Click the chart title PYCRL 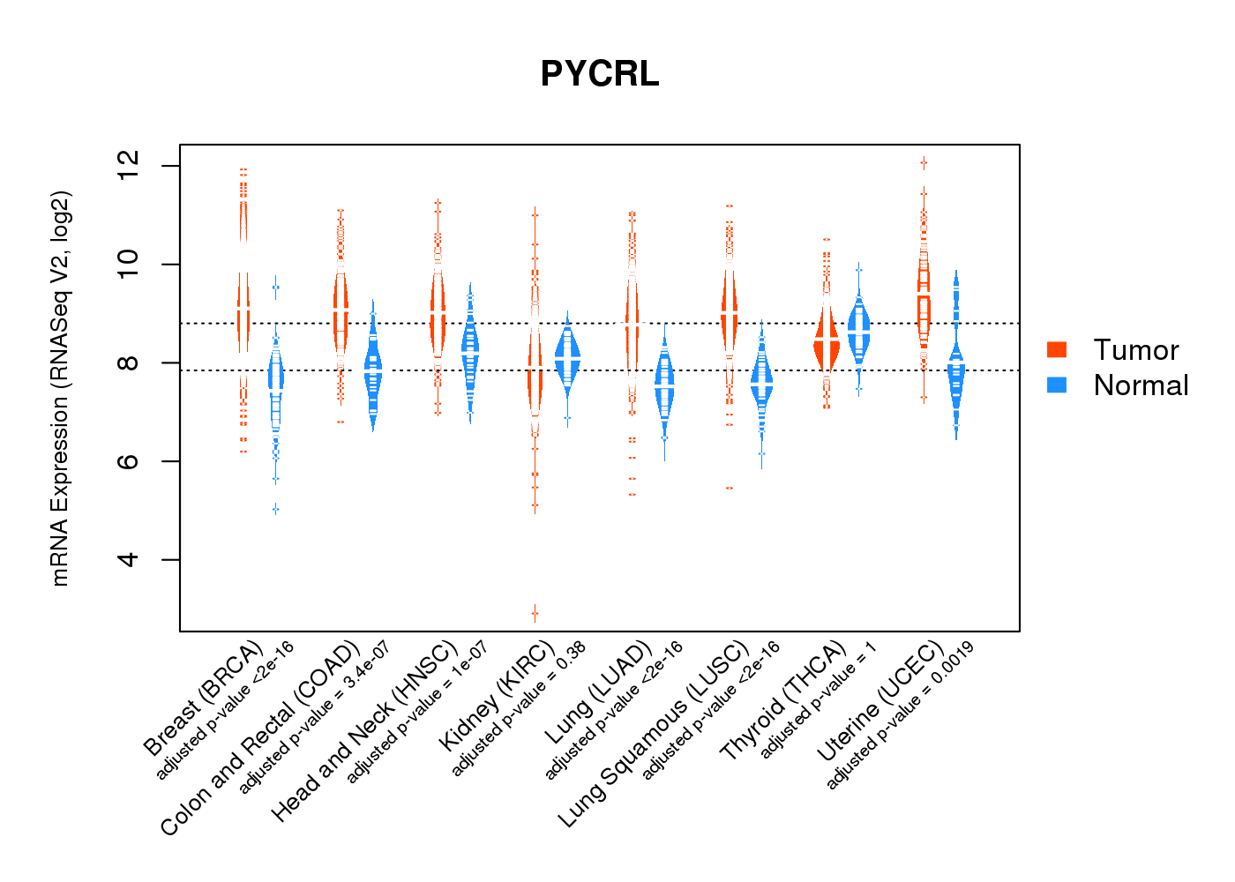click(600, 74)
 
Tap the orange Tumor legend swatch click(1057, 349)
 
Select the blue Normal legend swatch click(1057, 385)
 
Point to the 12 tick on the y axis click(129, 166)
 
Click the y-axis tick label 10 click(129, 265)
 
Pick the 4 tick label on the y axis click(129, 559)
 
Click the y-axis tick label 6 click(129, 461)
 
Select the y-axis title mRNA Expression click(60, 388)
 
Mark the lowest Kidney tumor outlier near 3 click(535, 613)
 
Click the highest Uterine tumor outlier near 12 click(924, 162)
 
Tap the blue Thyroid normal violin click(858, 331)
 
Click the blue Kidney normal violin click(567, 356)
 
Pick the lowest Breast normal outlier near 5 click(276, 509)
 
